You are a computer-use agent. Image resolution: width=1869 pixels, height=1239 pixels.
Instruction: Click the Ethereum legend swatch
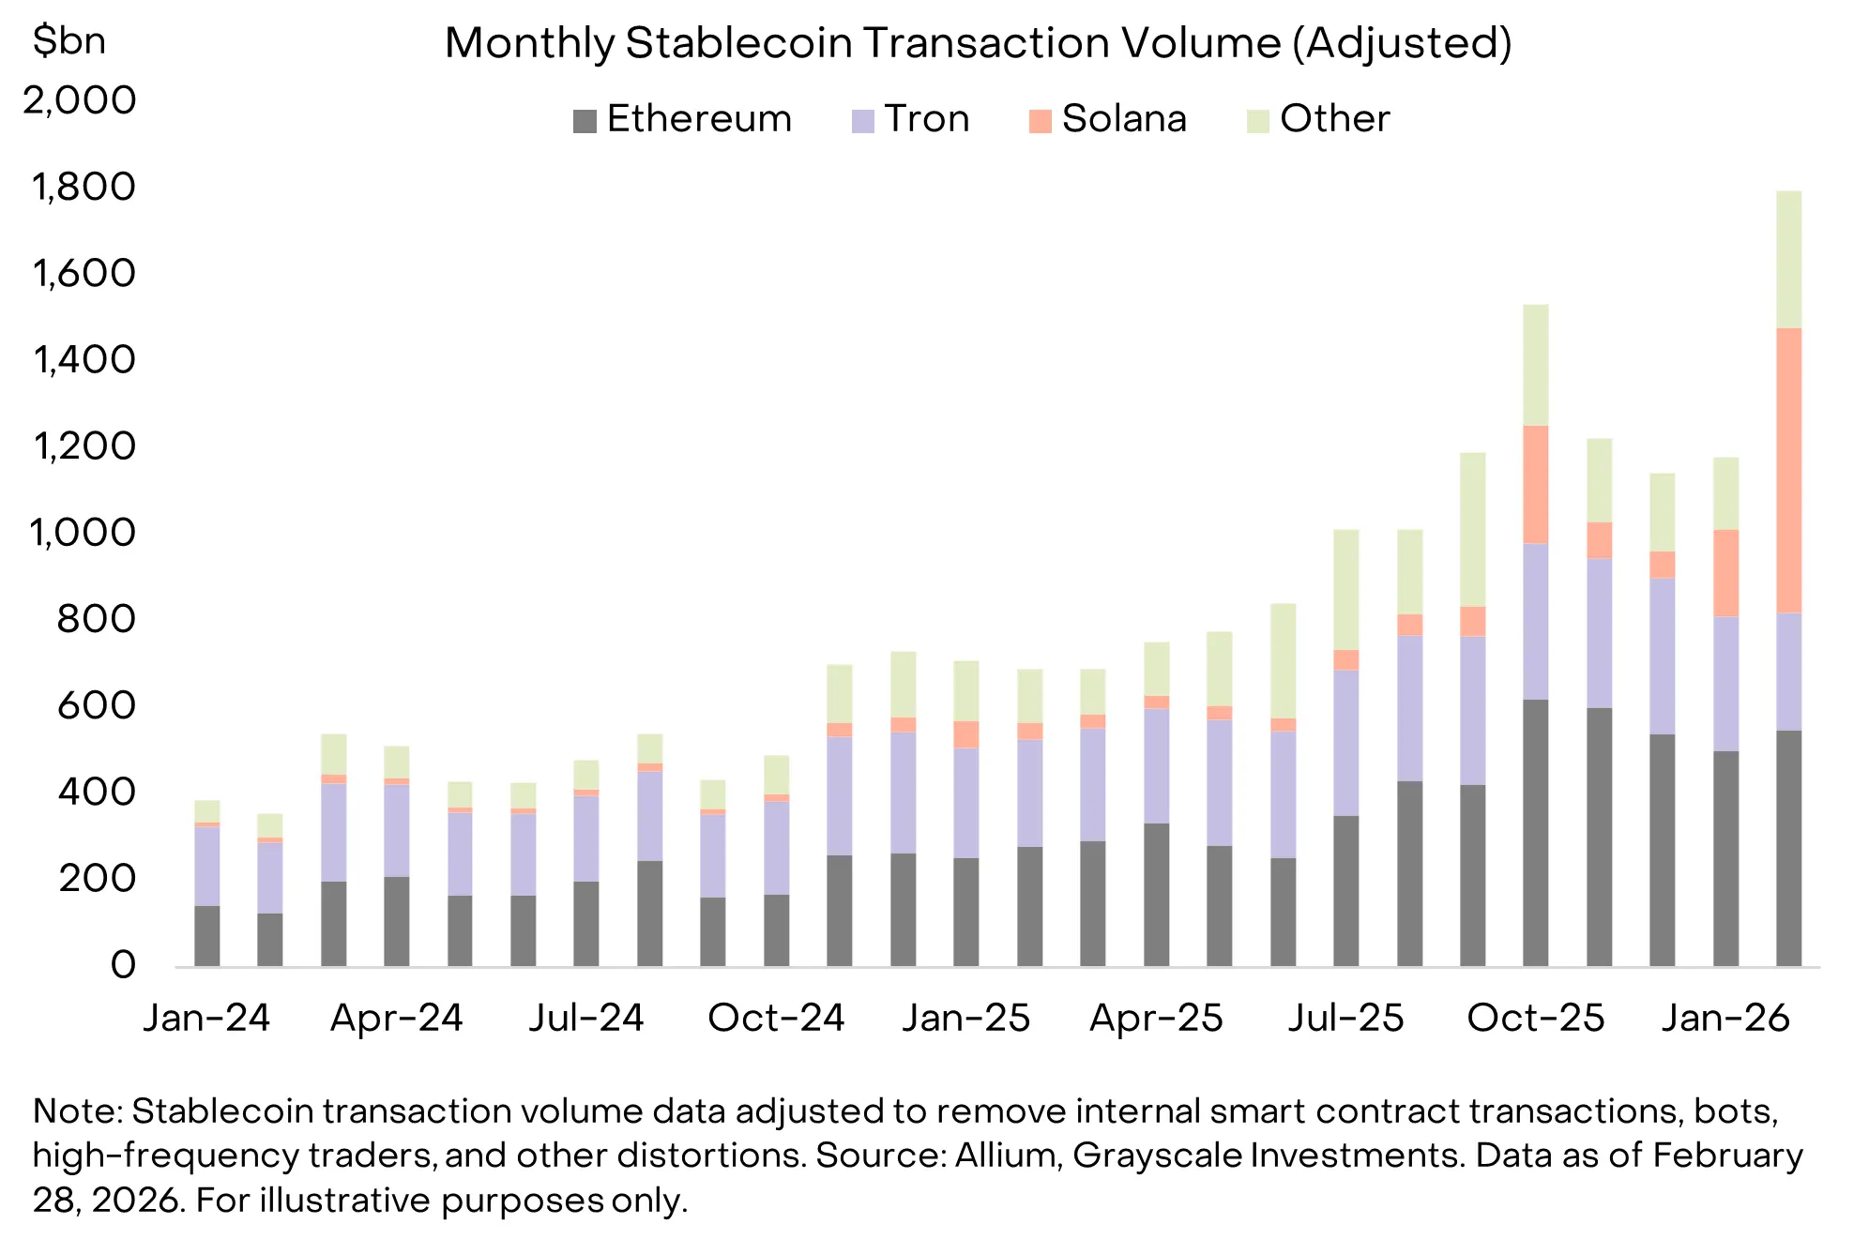point(585,121)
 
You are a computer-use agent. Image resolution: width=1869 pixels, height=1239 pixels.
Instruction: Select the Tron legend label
point(926,119)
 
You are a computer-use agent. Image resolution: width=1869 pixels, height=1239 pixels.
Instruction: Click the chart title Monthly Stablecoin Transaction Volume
point(978,43)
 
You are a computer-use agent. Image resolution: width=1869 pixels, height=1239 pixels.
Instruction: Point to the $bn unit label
point(68,40)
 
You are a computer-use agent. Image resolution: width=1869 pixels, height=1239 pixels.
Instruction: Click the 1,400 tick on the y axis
point(84,359)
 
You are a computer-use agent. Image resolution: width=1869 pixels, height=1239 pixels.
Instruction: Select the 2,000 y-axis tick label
point(81,100)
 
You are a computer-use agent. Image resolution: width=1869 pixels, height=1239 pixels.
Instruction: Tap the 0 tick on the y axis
point(123,965)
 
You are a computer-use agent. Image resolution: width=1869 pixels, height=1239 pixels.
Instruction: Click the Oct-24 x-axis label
point(776,1018)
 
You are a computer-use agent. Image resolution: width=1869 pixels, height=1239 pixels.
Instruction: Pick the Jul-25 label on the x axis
point(1345,1018)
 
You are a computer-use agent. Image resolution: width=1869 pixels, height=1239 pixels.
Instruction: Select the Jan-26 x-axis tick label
point(1725,1018)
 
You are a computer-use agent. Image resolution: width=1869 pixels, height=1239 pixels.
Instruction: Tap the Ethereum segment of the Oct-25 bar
point(1536,833)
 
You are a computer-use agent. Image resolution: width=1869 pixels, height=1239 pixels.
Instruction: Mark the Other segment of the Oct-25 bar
point(1536,365)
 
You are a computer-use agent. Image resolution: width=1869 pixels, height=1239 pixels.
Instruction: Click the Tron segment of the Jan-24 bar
point(207,866)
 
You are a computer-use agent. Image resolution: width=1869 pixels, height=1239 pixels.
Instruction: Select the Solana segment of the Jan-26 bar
point(1725,573)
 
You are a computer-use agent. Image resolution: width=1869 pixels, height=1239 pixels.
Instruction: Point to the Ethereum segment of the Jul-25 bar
point(1345,891)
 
